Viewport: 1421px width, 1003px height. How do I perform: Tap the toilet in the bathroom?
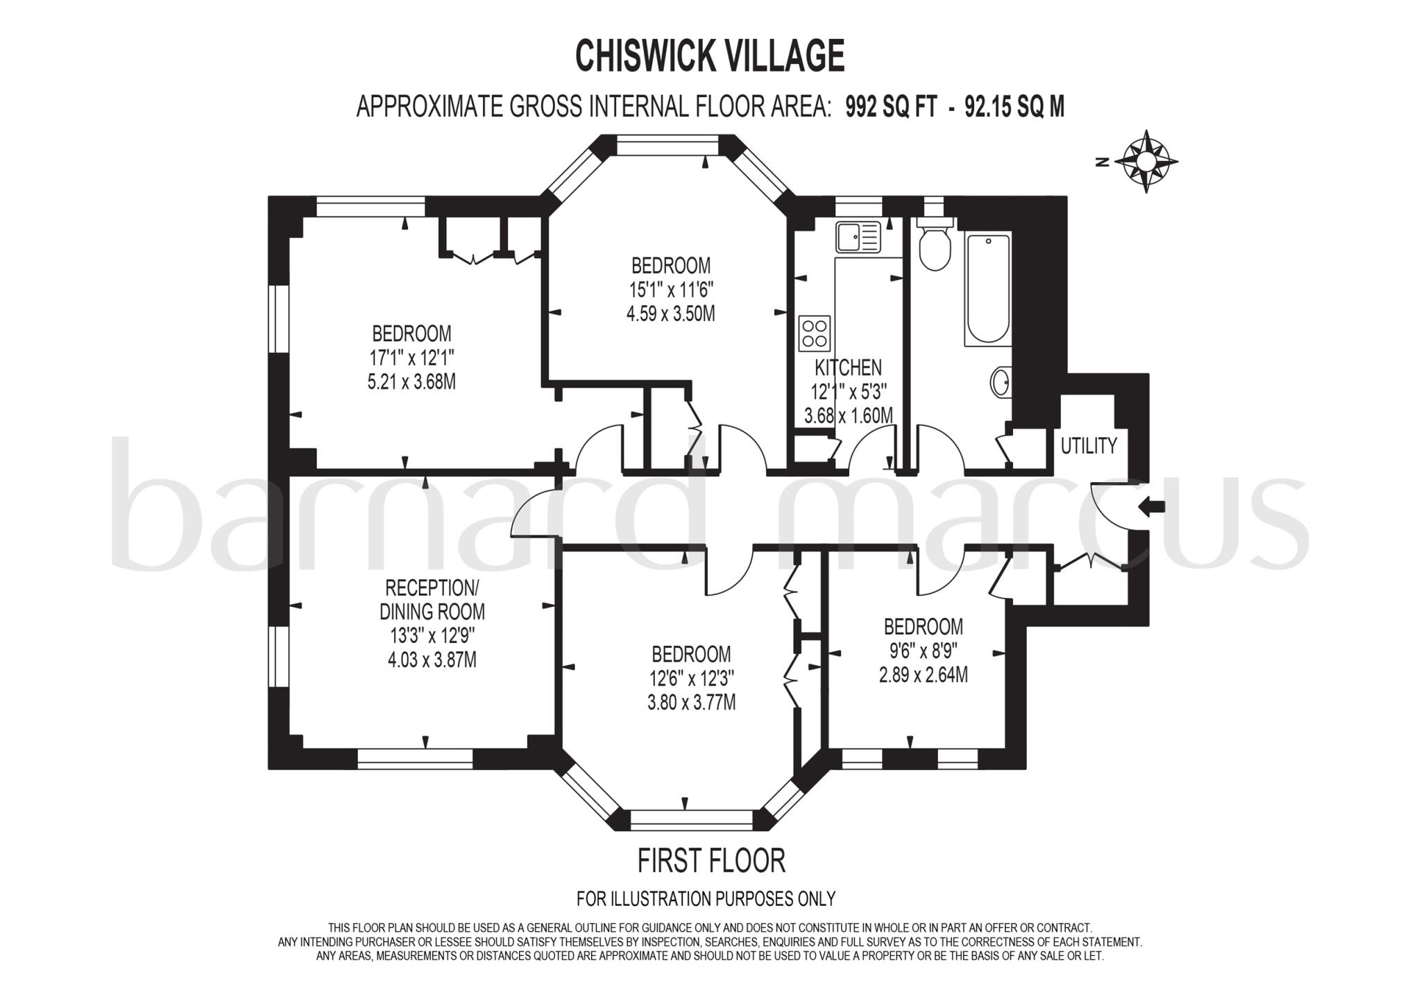pos(935,246)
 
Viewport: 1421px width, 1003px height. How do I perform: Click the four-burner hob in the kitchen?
pos(815,333)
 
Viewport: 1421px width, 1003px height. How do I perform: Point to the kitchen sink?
pos(858,237)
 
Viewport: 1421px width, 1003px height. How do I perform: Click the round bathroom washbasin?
pos(1000,382)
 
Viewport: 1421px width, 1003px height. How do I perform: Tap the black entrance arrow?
pos(1152,507)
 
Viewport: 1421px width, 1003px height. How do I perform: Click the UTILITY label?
pos(1089,446)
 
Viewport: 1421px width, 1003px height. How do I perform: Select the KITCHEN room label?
pos(848,368)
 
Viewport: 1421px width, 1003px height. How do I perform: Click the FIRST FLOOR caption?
pos(711,861)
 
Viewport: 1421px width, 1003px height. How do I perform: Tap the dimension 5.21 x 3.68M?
pos(411,382)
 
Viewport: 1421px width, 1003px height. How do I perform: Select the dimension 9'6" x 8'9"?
pos(923,651)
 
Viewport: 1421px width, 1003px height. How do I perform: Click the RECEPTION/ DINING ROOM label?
pos(432,599)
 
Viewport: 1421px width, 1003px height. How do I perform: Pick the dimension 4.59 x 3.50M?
pos(670,314)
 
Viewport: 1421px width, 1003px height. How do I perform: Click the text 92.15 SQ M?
pos(1014,107)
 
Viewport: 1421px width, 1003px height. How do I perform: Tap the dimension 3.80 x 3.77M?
pos(691,702)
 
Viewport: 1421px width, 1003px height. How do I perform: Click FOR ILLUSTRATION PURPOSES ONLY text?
pos(706,899)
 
